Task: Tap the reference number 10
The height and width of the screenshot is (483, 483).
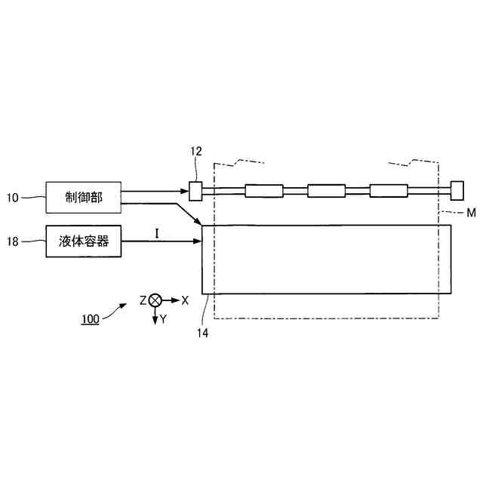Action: point(13,198)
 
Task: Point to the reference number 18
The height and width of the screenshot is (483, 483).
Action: point(13,241)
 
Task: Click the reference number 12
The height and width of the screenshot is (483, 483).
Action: point(196,151)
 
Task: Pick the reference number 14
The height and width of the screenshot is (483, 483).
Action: point(203,333)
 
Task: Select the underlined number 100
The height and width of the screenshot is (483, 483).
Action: point(91,319)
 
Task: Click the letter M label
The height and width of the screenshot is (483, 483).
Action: point(471,213)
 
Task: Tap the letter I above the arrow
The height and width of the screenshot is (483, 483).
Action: point(157,233)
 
